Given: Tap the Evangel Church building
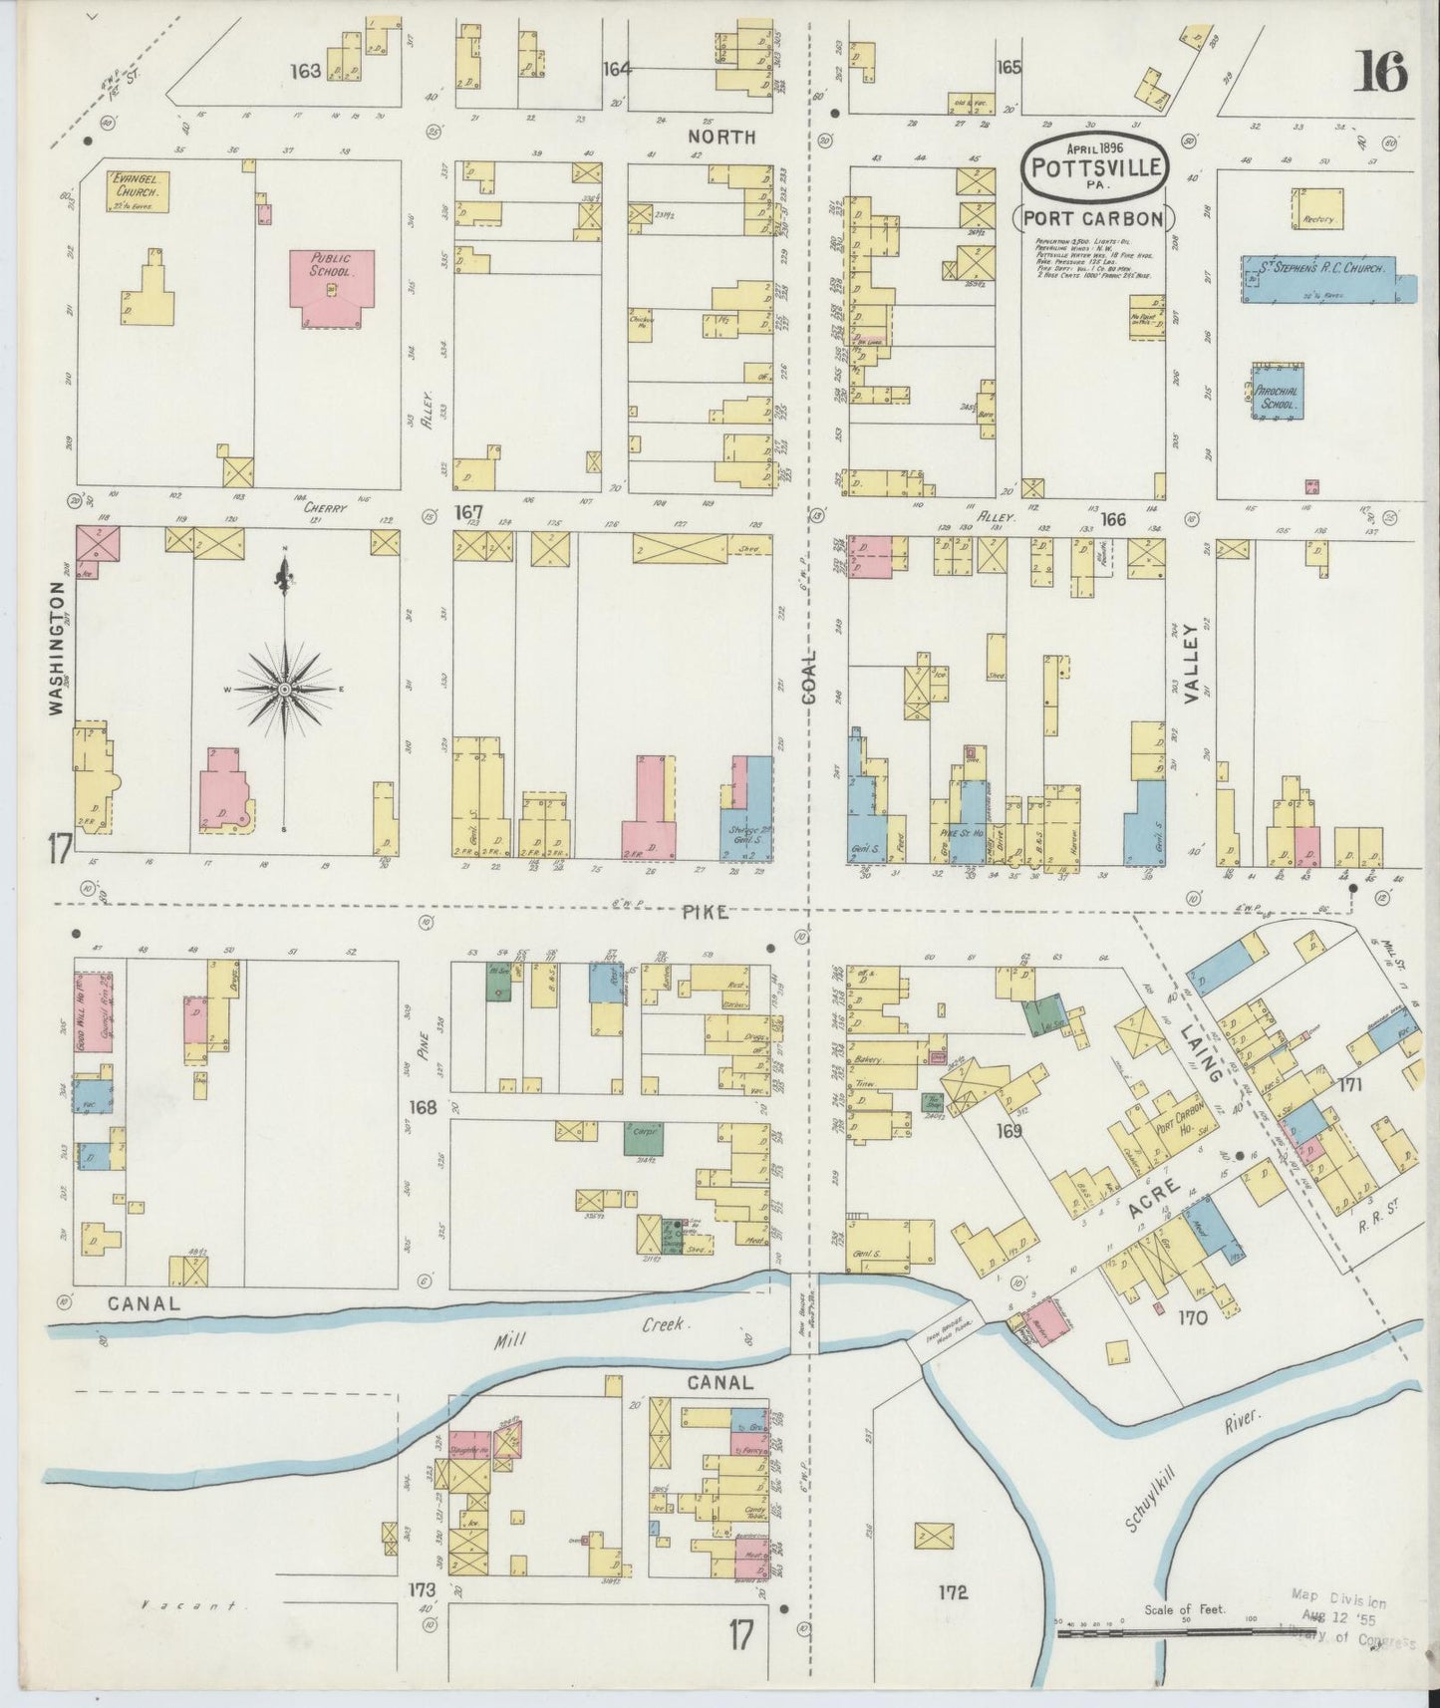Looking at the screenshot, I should (138, 190).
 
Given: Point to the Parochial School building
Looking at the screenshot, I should (1278, 392).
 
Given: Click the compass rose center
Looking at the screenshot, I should (286, 690).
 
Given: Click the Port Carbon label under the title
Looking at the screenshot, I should (1094, 218).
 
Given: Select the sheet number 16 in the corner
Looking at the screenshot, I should (1379, 73).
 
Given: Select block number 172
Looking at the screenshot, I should (952, 1591).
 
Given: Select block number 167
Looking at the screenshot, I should (468, 513).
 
